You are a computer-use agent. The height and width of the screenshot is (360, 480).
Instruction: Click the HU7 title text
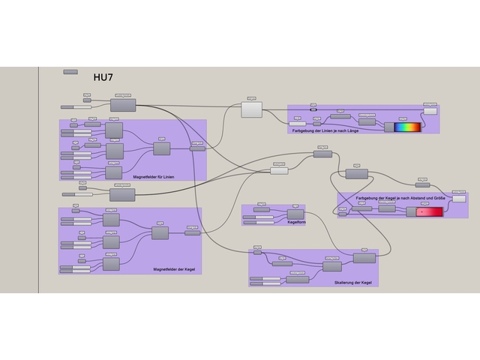pos(103,77)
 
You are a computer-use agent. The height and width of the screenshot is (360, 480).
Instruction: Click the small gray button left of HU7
pos(70,72)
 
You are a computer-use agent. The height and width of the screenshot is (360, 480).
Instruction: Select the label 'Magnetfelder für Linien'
pos(153,177)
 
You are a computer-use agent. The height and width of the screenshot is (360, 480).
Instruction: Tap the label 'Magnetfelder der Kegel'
pos(172,269)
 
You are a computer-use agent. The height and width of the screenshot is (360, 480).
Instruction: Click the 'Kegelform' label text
pos(296,222)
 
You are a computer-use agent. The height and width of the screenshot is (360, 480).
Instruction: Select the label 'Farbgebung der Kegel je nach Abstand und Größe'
pos(400,198)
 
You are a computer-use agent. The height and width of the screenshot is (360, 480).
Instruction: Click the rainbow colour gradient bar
pos(408,127)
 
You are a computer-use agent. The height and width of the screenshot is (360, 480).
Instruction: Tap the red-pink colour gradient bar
pos(429,212)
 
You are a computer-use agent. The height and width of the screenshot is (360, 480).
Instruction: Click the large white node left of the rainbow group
pos(251,110)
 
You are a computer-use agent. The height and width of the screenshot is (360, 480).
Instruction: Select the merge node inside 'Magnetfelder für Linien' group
pos(162,148)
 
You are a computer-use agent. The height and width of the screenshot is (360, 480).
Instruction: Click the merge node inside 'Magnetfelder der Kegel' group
pos(160,233)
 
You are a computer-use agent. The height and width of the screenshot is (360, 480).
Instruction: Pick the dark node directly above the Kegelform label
pos(295,214)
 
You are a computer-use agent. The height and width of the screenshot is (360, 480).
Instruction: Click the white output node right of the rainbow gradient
pos(430,111)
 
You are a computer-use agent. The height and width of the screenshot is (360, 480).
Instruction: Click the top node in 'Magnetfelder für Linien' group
pos(114,130)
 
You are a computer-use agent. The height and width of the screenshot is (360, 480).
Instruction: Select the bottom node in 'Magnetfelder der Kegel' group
pos(111,264)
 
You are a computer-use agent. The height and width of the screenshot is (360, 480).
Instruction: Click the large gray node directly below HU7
pos(123,105)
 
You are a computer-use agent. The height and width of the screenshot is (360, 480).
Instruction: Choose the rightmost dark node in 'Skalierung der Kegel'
pos(364,258)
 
